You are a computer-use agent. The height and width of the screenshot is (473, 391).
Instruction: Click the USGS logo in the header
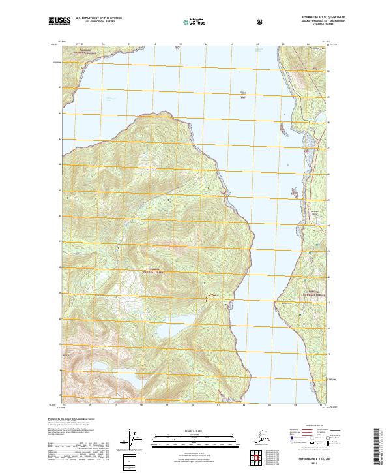click(x=60, y=22)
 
